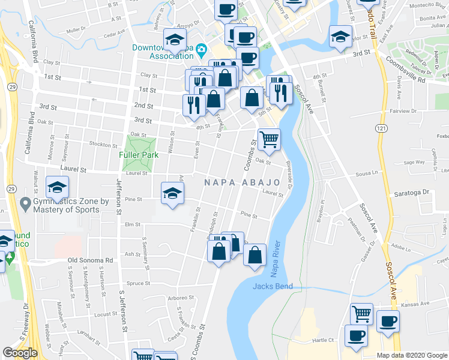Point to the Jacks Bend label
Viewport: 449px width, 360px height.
point(273,286)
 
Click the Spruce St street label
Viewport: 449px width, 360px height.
point(138,283)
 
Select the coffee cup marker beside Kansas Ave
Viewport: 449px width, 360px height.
point(388,320)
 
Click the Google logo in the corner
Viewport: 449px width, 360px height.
point(20,353)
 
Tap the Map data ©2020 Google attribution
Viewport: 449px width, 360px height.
point(411,355)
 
